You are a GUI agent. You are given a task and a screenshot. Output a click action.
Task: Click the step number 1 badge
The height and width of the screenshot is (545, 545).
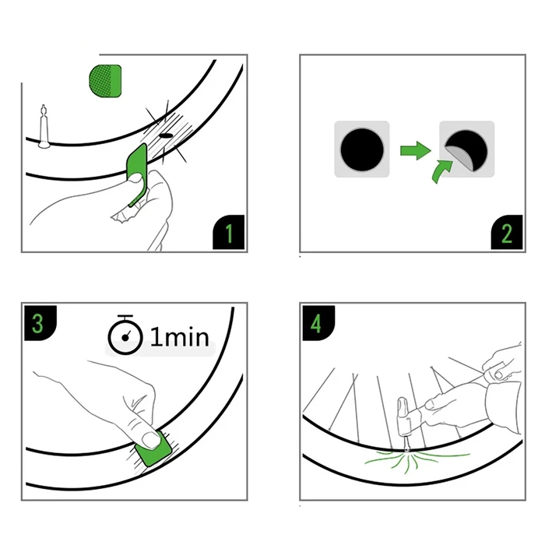[228, 232]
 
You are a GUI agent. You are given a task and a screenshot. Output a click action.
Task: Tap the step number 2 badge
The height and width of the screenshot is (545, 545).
[506, 232]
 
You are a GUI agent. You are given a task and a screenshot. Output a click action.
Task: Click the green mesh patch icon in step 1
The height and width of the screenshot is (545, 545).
[105, 81]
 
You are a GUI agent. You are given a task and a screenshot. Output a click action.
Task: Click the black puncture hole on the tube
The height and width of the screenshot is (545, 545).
[166, 135]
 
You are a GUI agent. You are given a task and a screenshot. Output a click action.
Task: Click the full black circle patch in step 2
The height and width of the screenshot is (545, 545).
[362, 149]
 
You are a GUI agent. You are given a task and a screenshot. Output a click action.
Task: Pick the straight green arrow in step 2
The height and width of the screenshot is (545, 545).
[416, 151]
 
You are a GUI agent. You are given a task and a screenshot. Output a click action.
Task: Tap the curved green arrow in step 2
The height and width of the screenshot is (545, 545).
[441, 171]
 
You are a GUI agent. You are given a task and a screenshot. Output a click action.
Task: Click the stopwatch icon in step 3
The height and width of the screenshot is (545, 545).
[125, 335]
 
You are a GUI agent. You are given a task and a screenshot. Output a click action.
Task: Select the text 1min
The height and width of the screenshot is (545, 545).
[180, 337]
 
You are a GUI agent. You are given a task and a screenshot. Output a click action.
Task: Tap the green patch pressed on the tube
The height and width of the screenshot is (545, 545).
[153, 450]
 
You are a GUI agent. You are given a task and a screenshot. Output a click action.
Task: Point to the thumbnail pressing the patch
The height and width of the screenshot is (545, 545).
[151, 440]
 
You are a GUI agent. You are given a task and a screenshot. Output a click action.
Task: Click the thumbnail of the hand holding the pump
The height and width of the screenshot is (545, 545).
[430, 404]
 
